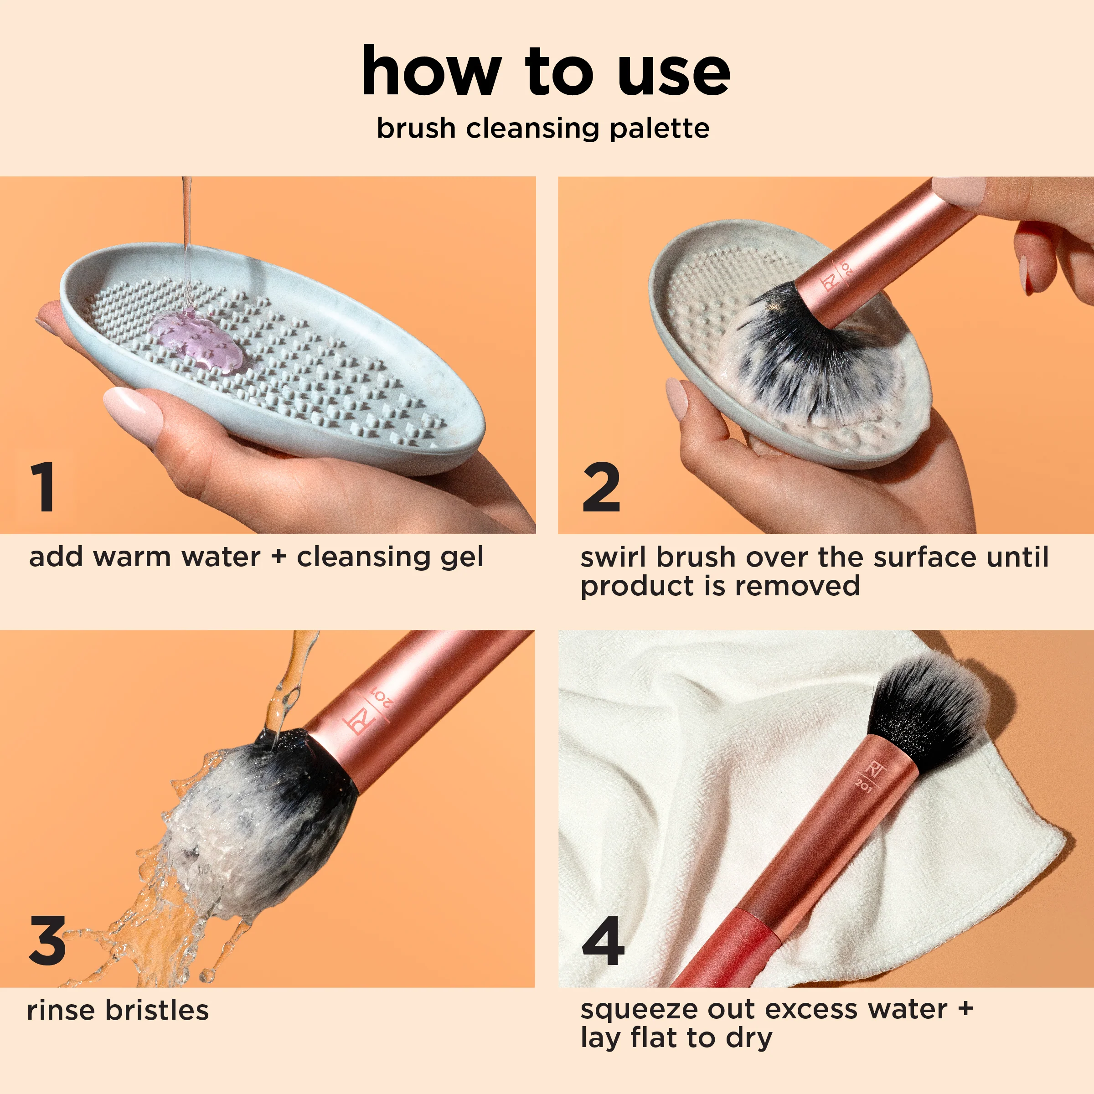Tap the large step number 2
(601, 486)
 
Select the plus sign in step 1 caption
(278, 556)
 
